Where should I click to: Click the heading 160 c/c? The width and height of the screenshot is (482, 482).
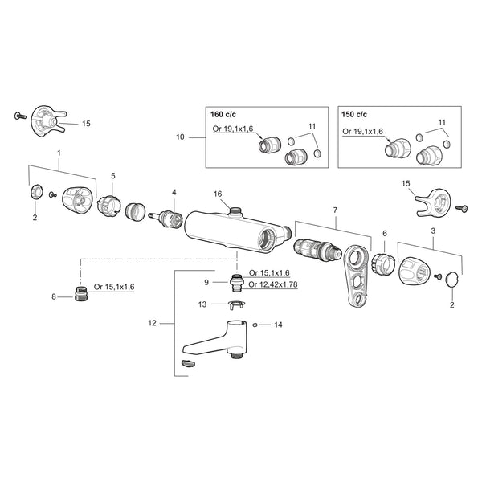223,114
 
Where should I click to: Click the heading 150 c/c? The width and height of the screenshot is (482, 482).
354,114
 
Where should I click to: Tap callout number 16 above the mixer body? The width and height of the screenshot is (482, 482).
218,194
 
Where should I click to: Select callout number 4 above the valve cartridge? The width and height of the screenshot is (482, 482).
174,193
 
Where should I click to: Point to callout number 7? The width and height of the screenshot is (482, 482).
335,210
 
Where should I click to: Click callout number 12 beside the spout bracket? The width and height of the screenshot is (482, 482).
152,323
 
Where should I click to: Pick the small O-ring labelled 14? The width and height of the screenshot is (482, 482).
255,325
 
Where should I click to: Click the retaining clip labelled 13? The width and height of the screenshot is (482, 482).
236,305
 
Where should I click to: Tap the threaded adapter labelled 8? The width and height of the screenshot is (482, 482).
81,293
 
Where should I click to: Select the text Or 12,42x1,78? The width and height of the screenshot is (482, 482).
273,284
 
